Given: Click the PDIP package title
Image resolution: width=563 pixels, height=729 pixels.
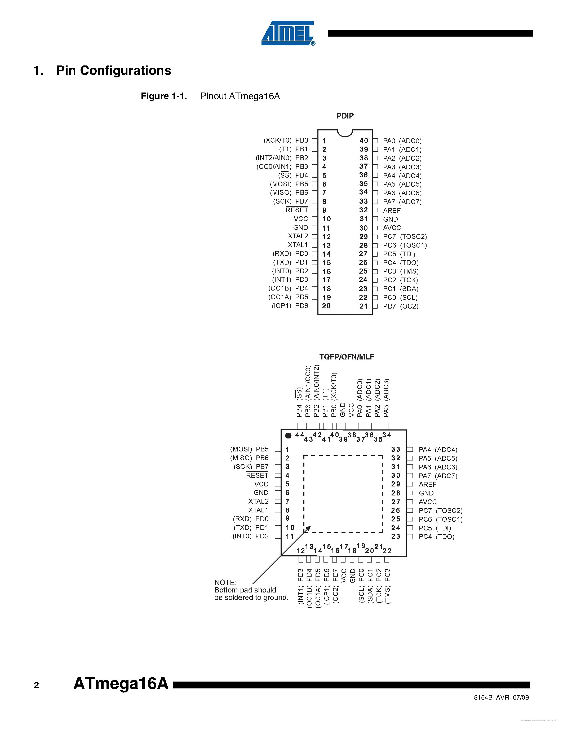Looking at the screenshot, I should pyautogui.click(x=345, y=116).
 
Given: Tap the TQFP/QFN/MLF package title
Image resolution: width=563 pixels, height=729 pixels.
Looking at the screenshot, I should pyautogui.click(x=347, y=357).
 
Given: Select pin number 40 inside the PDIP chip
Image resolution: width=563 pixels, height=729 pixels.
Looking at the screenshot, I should pyautogui.click(x=363, y=140).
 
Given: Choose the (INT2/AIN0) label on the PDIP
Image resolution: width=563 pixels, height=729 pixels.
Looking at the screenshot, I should pyautogui.click(x=273, y=158).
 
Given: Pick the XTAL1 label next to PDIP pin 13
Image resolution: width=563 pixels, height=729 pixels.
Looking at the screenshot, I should pyautogui.click(x=298, y=245).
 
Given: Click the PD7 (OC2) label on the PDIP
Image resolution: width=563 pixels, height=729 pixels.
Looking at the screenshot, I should pyautogui.click(x=401, y=306).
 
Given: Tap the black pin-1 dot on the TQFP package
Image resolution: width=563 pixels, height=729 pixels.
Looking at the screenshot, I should pyautogui.click(x=289, y=435).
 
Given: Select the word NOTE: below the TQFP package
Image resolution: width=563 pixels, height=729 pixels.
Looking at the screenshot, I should pyautogui.click(x=225, y=582).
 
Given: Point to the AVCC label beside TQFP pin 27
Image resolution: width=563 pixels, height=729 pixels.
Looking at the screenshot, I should pyautogui.click(x=428, y=502).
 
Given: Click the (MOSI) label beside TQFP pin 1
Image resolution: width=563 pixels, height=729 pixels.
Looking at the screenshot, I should pyautogui.click(x=241, y=449).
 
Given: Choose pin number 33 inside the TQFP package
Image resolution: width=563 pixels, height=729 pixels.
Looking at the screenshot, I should pyautogui.click(x=396, y=449).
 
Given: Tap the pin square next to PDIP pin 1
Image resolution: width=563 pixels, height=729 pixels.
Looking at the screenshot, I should pyautogui.click(x=314, y=140).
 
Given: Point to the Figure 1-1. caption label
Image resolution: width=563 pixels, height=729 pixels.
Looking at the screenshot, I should pyautogui.click(x=164, y=96).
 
